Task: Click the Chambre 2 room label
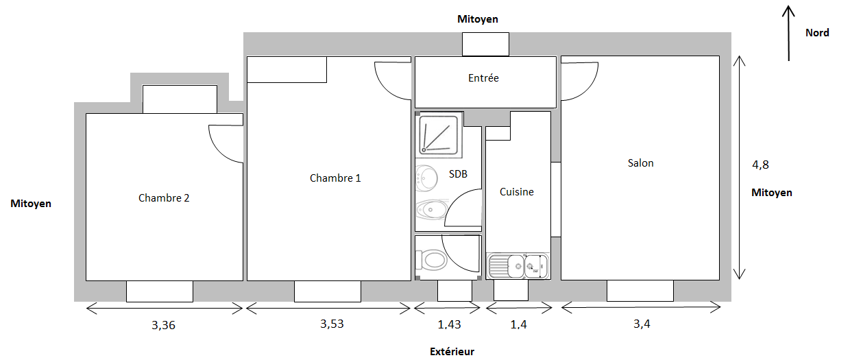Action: click(164, 198)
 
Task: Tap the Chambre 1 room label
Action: click(335, 178)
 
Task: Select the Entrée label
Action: click(483, 78)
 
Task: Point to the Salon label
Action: click(640, 163)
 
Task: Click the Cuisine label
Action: click(516, 192)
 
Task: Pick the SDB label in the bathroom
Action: click(458, 174)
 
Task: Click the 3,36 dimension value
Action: click(164, 325)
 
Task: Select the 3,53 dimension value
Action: click(332, 324)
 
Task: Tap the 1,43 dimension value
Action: click(449, 324)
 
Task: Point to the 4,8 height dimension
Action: click(760, 165)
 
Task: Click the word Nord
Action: click(817, 33)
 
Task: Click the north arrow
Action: click(788, 33)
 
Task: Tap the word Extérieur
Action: click(452, 352)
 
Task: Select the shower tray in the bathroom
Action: click(439, 135)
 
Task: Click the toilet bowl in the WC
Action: click(431, 260)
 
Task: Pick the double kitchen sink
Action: click(518, 265)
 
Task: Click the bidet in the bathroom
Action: click(431, 209)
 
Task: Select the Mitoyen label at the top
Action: click(478, 19)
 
